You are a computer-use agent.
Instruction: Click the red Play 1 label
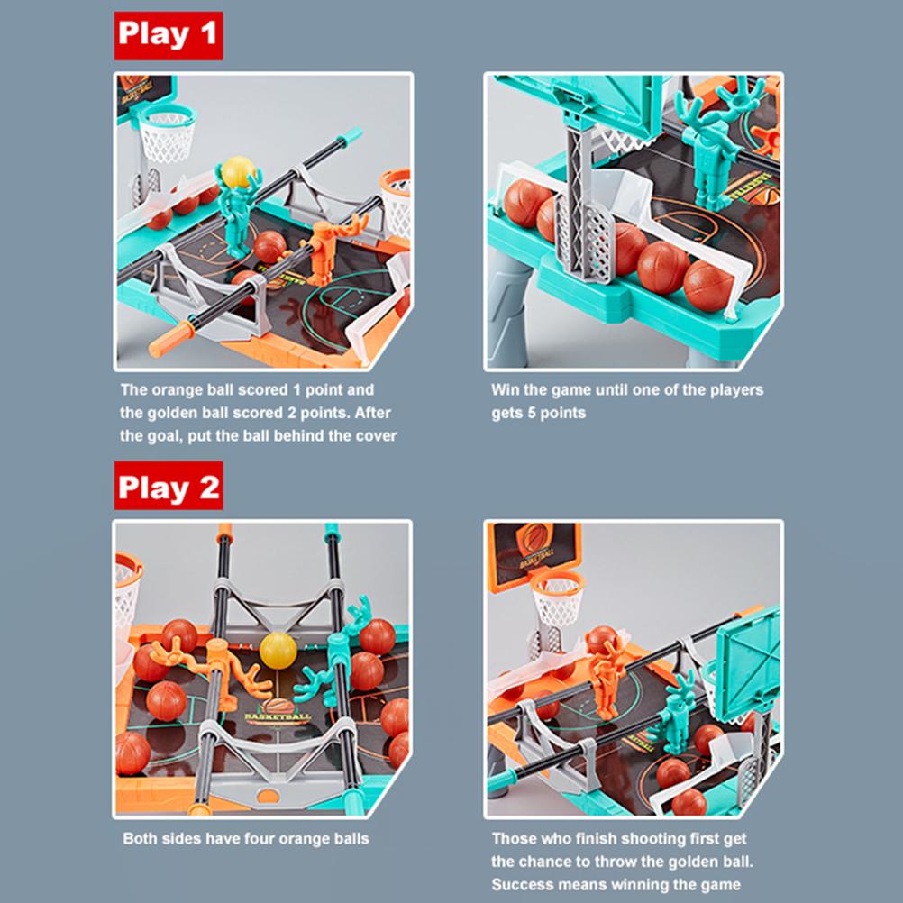[x=168, y=35]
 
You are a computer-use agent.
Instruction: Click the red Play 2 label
[x=168, y=488]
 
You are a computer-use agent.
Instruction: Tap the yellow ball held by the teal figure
[x=239, y=171]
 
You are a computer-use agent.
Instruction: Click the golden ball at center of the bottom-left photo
[x=278, y=650]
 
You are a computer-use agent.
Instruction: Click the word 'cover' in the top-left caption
[x=375, y=435]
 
